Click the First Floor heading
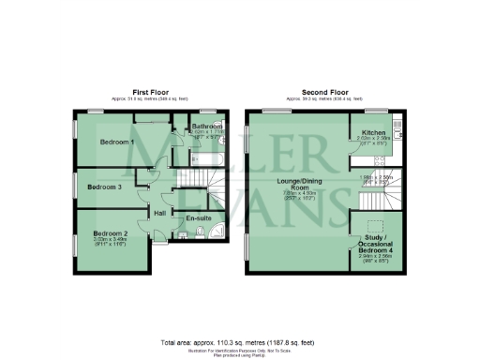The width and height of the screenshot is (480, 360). pos(151,91)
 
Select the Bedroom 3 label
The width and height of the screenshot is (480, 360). pos(105,187)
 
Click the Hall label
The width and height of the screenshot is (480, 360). pos(159,214)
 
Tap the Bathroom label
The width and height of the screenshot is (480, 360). pos(207,126)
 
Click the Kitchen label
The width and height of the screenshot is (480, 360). pos(374,133)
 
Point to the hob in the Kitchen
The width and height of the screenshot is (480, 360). pos(398,150)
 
